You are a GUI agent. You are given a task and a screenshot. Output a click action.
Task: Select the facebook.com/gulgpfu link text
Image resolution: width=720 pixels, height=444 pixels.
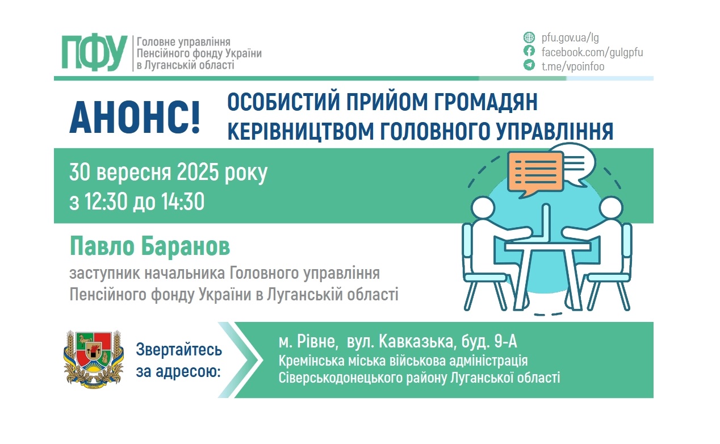(x=592, y=52)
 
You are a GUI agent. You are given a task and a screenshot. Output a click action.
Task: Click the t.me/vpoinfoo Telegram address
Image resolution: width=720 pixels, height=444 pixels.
(x=573, y=66)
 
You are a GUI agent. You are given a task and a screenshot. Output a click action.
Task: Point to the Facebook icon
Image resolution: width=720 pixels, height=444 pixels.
(x=529, y=52)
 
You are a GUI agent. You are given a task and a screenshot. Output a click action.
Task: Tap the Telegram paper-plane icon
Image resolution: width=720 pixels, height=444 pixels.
(x=529, y=66)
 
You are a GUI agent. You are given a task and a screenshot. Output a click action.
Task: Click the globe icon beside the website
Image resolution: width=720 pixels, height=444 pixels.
(x=529, y=38)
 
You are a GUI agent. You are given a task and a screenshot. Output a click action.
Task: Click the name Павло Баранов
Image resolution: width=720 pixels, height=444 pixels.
(x=150, y=247)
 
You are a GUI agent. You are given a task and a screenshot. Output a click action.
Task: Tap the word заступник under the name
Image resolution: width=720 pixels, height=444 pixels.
(x=102, y=274)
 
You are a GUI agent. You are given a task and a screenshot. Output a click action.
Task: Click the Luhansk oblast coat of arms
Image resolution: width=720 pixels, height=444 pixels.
(x=93, y=359)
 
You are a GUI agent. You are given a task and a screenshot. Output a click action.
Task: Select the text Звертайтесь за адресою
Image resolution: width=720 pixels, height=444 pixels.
(x=179, y=361)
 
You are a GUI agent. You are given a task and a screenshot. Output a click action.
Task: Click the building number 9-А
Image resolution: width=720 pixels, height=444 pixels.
(x=504, y=342)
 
